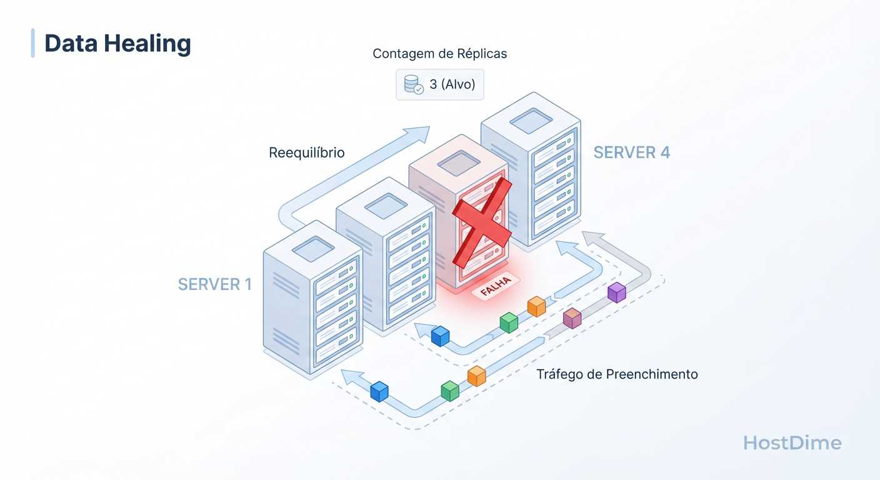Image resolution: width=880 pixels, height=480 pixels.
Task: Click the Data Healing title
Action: coord(117,43)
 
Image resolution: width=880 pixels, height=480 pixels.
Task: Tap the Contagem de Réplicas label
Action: coord(439,54)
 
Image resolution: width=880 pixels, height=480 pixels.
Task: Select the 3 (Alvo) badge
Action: coord(439,84)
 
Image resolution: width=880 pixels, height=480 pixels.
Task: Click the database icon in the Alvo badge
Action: coord(412,84)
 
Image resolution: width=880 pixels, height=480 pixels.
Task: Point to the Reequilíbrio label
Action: coord(306,152)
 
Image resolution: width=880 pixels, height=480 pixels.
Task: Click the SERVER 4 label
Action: coord(631,152)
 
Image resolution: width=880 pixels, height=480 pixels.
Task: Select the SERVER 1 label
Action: coord(214,284)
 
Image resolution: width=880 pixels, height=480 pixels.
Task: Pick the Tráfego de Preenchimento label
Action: coord(617,374)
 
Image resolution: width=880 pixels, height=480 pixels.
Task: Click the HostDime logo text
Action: coord(792,443)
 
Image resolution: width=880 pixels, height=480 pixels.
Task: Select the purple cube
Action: coord(616,292)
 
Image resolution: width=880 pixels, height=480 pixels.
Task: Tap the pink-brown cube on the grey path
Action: coord(572,317)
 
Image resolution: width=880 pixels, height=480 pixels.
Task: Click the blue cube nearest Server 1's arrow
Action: coord(379,391)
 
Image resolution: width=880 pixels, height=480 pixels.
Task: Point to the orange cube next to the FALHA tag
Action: coord(536,306)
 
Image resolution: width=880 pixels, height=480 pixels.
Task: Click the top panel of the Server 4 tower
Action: coord(531,120)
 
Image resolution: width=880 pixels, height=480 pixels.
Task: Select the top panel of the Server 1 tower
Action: coord(313,249)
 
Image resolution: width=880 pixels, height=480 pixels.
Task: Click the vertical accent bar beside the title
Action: coord(32,43)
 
